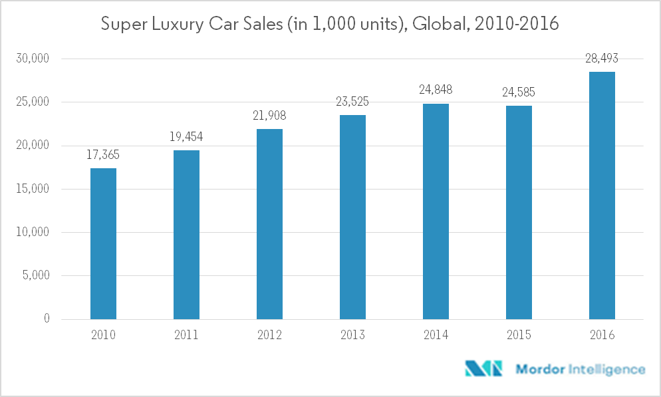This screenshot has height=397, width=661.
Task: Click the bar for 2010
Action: pyautogui.click(x=103, y=243)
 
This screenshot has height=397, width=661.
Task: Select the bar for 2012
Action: pyautogui.click(x=269, y=224)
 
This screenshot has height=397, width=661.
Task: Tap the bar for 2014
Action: pyautogui.click(x=436, y=211)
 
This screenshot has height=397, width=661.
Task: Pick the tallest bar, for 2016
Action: pyautogui.click(x=602, y=196)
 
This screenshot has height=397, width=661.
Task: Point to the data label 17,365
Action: pyautogui.click(x=103, y=154)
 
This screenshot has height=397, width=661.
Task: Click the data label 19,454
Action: pyautogui.click(x=186, y=136)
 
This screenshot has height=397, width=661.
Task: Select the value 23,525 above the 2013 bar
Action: pyautogui.click(x=352, y=102)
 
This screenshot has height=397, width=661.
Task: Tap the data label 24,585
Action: pyautogui.click(x=519, y=92)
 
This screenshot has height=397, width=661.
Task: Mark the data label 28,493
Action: pyautogui.click(x=602, y=59)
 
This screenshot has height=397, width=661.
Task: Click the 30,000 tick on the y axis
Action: pyautogui.click(x=33, y=59)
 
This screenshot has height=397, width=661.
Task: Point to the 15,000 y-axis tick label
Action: pyautogui.click(x=33, y=189)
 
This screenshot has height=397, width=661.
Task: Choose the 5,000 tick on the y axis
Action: pyautogui.click(x=35, y=276)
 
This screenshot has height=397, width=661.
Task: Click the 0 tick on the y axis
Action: pyautogui.click(x=47, y=319)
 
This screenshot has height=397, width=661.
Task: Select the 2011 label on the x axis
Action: pyautogui.click(x=186, y=335)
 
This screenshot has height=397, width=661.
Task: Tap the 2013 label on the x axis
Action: pyautogui.click(x=352, y=335)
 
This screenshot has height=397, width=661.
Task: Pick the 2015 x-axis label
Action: pyautogui.click(x=519, y=335)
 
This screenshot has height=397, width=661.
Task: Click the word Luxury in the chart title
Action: pyautogui.click(x=183, y=25)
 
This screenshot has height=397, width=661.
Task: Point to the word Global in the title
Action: pyautogui.click(x=436, y=25)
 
